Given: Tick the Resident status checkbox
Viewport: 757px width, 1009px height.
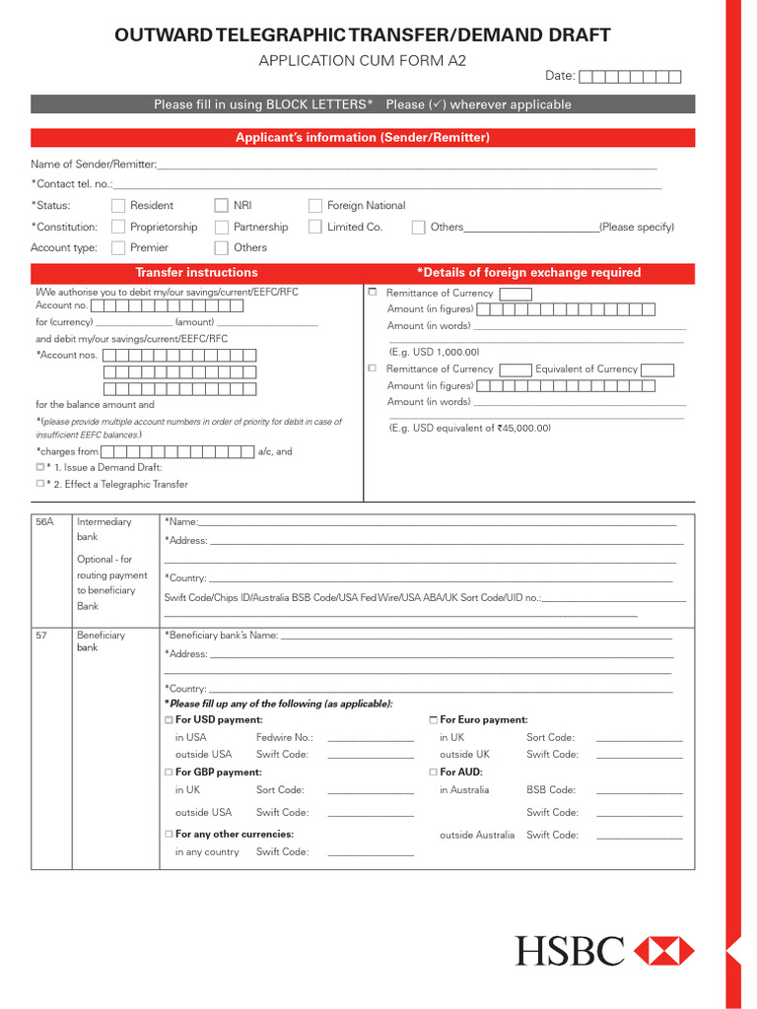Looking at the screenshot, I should [x=118, y=206].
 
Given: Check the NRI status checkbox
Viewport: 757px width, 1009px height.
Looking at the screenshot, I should [x=222, y=206].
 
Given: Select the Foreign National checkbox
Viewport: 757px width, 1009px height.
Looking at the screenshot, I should [x=315, y=206].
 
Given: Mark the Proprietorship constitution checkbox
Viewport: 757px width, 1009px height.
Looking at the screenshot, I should [x=118, y=228].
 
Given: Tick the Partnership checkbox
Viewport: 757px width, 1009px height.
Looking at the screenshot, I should [x=222, y=228].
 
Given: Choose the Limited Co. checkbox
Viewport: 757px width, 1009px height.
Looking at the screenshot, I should [x=315, y=228].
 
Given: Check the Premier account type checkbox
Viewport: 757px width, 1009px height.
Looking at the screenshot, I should [x=118, y=248].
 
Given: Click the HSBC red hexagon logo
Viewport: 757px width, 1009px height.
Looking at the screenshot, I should [x=664, y=951].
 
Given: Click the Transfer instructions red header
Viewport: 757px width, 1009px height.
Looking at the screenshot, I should [x=196, y=273].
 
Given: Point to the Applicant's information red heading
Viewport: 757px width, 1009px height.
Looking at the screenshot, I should [x=363, y=138].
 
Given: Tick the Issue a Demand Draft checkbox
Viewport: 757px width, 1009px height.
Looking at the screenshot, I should [x=40, y=467].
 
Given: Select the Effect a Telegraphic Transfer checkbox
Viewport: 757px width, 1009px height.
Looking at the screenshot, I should [x=40, y=484].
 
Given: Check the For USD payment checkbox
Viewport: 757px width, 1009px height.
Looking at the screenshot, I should [x=169, y=720].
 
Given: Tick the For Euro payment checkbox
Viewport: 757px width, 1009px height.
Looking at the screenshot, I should [x=434, y=720].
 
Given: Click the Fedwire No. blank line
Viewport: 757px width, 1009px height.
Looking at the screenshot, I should [x=370, y=739].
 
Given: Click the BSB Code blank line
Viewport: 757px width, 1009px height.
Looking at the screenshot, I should [x=639, y=792].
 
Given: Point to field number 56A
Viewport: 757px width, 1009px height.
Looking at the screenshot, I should [x=44, y=522].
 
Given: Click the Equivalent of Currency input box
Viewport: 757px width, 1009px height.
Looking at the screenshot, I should [x=657, y=370].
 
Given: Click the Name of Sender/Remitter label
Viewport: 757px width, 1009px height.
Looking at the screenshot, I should [x=93, y=165].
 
